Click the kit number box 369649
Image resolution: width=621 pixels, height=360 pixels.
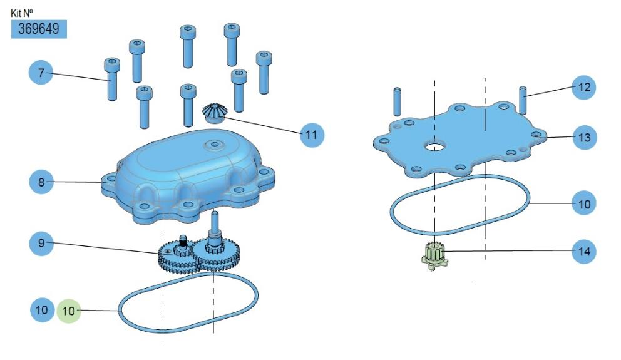[x=39, y=29]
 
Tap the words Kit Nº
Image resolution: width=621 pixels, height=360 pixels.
[x=22, y=13]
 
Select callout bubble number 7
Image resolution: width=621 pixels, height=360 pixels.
[x=41, y=73]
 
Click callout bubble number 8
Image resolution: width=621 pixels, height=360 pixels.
[x=41, y=182]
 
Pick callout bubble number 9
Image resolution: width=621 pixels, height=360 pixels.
[x=41, y=243]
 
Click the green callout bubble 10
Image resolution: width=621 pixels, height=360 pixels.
[x=69, y=311]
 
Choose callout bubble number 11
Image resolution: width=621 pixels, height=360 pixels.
[x=312, y=135]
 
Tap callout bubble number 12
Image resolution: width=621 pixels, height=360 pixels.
[x=584, y=87]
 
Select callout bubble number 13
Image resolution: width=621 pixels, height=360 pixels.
[x=584, y=137]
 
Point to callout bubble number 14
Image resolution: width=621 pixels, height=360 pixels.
[x=584, y=251]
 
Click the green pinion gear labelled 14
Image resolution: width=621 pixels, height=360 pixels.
[x=434, y=255]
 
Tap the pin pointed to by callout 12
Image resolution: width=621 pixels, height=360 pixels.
[x=523, y=100]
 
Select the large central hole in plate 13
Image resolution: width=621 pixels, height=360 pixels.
[x=434, y=147]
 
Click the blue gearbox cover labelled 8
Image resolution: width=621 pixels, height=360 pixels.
[x=188, y=176]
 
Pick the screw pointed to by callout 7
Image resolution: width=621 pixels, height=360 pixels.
[x=112, y=79]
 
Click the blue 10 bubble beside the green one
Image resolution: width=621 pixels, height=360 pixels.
[x=41, y=310]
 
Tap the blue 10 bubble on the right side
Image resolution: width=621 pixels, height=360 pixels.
[x=584, y=204]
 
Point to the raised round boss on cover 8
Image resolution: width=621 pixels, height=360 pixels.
[x=214, y=145]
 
